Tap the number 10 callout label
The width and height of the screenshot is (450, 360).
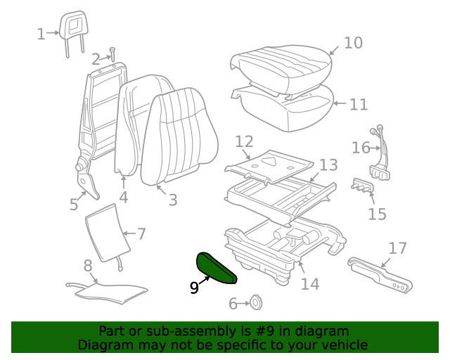pos(353,43)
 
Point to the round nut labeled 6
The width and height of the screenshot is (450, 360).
pos(256,303)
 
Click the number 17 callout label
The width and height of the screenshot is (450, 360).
pos(397,247)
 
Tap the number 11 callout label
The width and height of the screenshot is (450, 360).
pos(359,105)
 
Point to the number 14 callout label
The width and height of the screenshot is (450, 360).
pos(310,283)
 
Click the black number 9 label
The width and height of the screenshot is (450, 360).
pos(193,286)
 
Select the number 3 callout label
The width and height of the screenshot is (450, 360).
pos(173,200)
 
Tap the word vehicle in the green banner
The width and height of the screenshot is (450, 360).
pos(344,345)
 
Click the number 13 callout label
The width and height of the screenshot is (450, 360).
pos(328,165)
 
